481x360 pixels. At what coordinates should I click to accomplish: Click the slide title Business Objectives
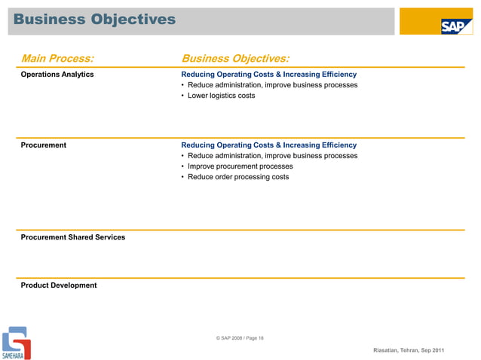pos(94,18)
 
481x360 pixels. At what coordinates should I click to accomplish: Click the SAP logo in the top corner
pos(455,26)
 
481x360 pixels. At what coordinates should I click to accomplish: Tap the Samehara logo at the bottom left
pos(16,343)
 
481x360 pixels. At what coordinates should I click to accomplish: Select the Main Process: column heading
pos(58,58)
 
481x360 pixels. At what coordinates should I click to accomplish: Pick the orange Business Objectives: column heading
pos(235,58)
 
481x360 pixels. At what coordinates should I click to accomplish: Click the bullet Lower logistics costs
pos(221,96)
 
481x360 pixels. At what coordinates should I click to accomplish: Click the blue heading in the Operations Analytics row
pos(268,75)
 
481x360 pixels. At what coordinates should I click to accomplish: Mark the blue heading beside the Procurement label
pos(268,145)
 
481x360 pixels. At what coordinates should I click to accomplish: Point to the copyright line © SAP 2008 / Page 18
pos(240,338)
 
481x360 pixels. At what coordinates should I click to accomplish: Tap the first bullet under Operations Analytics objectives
pos(272,85)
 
